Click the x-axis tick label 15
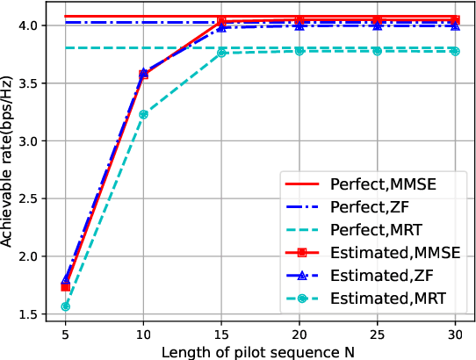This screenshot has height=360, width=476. pos(221,335)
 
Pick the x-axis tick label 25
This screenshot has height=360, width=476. pos(377,335)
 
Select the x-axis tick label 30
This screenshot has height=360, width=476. pos(455,335)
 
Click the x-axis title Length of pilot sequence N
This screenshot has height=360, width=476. pos(260,351)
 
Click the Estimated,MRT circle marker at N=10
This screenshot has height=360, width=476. pos(143,114)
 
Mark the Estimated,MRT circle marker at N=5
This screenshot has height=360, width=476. pos(66,306)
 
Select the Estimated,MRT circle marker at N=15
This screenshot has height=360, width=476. pos(221,53)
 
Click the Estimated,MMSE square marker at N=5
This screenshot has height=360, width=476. pos(66,287)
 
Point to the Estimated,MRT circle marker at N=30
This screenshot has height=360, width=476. pos(455,51)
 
